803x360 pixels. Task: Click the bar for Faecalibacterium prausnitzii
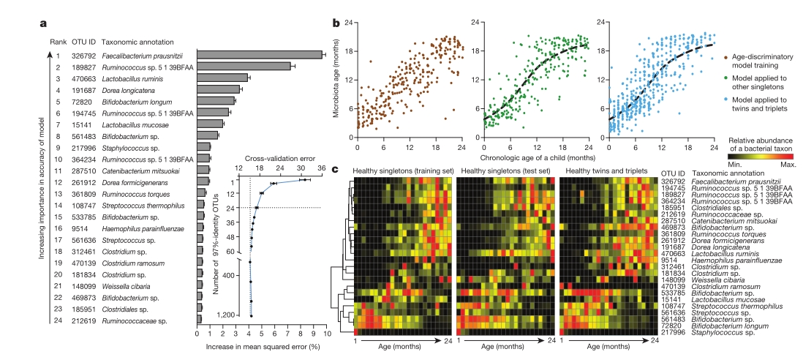[260, 55]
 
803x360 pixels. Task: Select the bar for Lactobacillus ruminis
[223, 78]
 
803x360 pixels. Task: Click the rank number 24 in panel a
[59, 319]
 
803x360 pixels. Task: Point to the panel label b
[336, 23]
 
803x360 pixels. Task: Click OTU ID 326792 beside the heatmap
[676, 179]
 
